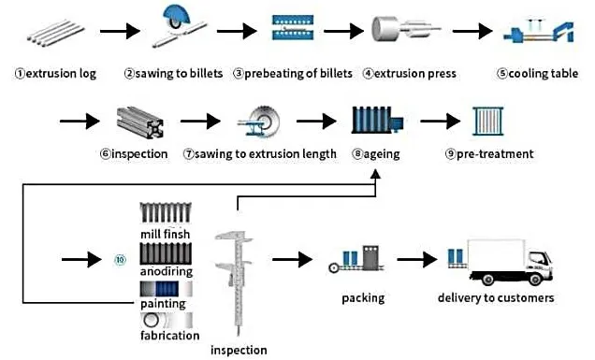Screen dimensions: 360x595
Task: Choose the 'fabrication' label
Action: coord(169,335)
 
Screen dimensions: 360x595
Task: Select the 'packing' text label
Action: coord(362,298)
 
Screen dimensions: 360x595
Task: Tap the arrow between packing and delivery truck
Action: coord(416,260)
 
